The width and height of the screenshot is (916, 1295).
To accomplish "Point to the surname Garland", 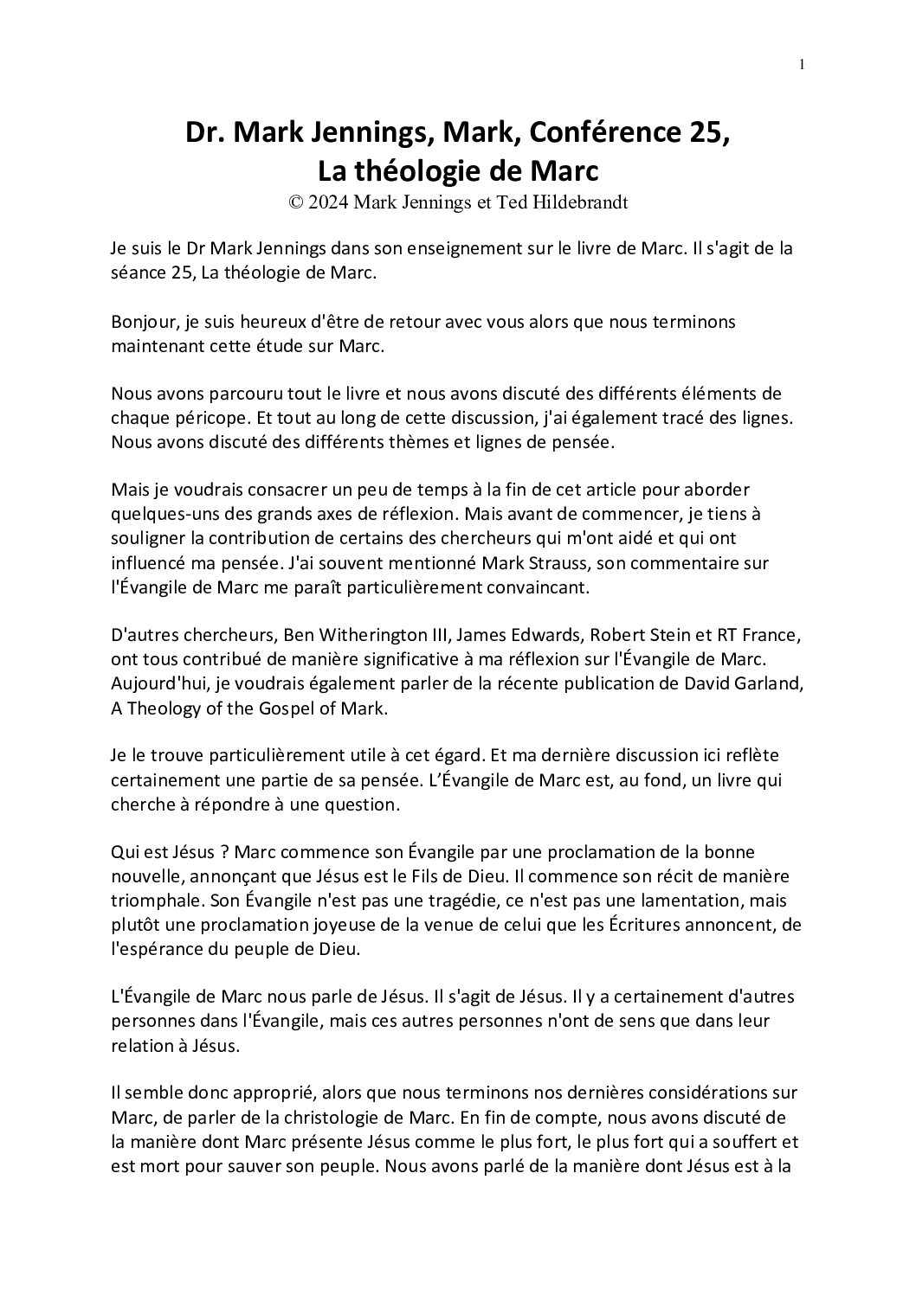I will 771,683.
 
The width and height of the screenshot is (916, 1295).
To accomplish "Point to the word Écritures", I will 635,924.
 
